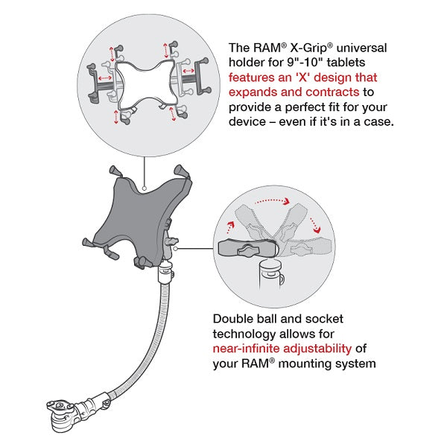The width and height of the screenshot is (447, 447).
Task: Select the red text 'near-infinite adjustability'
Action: pos(281,349)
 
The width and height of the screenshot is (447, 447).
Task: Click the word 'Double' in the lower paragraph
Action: pos(233,318)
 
